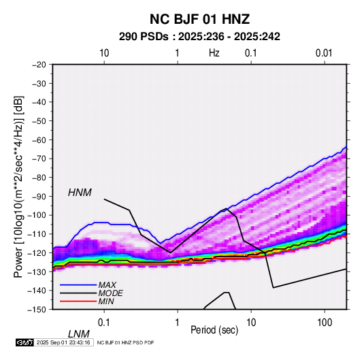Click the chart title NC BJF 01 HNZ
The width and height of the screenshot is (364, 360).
pyautogui.click(x=199, y=19)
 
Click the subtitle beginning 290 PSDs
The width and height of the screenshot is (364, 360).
pyautogui.click(x=199, y=37)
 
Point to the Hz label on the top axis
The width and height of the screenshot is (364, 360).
pyautogui.click(x=214, y=53)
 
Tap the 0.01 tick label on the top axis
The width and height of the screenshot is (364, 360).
pyautogui.click(x=324, y=53)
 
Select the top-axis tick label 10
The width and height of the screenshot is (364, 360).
pyautogui.click(x=104, y=53)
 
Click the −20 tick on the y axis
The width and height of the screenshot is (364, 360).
pyautogui.click(x=39, y=65)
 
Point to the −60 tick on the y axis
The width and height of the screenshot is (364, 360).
pyautogui.click(x=39, y=140)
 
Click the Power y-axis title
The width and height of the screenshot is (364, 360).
pyautogui.click(x=19, y=186)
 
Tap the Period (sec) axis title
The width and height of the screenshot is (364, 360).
pyautogui.click(x=214, y=330)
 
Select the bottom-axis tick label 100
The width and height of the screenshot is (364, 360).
pyautogui.click(x=325, y=323)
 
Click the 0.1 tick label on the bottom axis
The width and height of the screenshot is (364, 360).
pyautogui.click(x=104, y=323)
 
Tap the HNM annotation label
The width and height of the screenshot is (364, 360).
pyautogui.click(x=80, y=193)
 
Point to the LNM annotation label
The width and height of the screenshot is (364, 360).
pyautogui.click(x=79, y=334)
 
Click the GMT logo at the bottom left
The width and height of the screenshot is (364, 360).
pyautogui.click(x=24, y=342)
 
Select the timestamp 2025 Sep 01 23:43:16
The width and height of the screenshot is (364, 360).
pyautogui.click(x=63, y=342)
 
